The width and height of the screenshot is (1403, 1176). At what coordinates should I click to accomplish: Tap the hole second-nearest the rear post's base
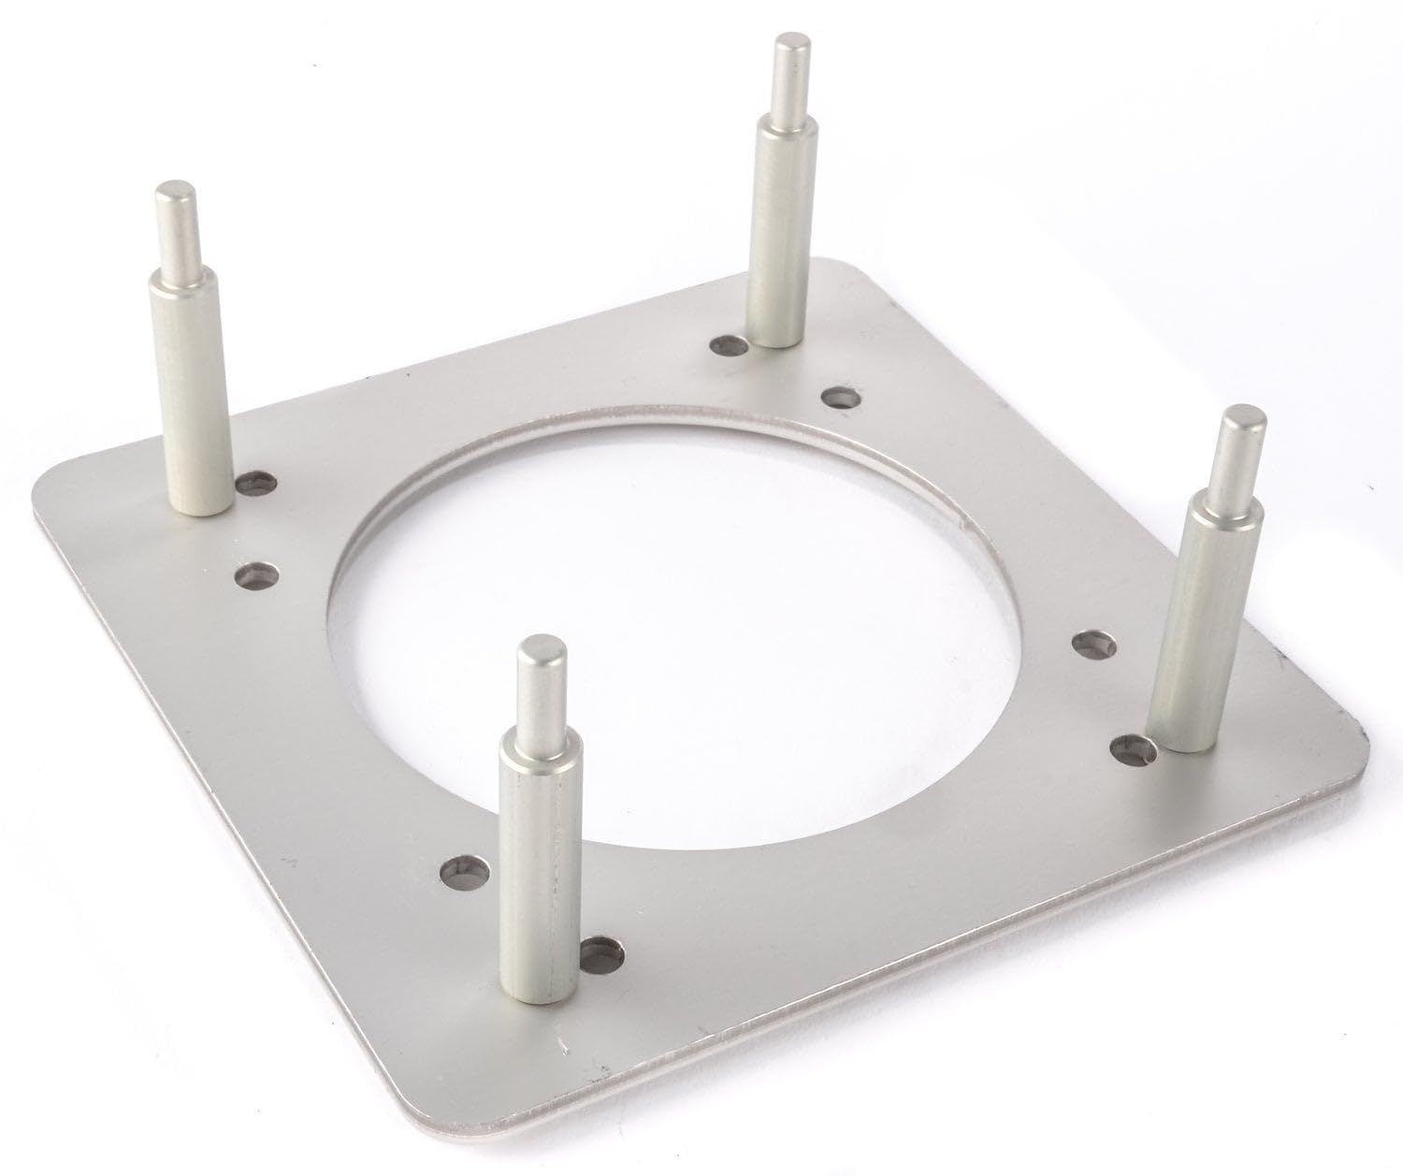pyautogui.click(x=840, y=398)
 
